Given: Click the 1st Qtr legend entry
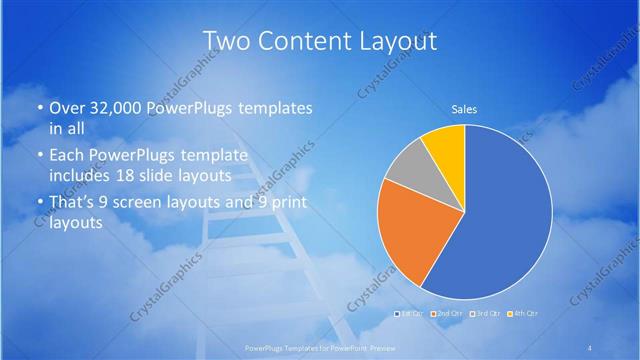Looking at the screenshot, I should click(410, 313).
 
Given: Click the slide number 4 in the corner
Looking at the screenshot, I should click(590, 347).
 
